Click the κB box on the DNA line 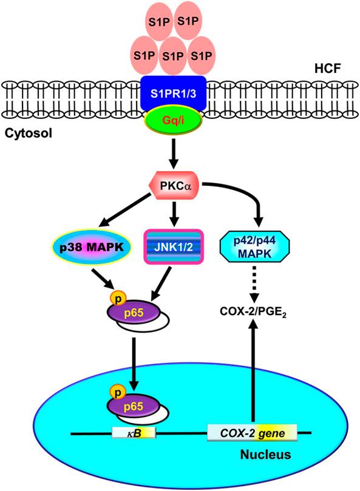(x=134, y=433)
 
